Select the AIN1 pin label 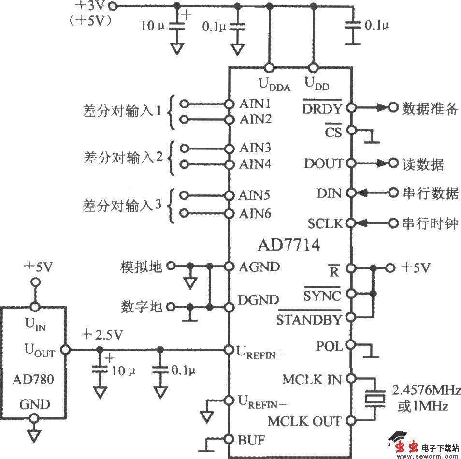click(255, 104)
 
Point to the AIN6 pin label click(255, 213)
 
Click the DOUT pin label click(323, 164)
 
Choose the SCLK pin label click(325, 223)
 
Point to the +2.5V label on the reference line click(103, 335)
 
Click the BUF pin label click(250, 440)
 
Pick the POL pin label click(329, 346)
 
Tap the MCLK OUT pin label click(304, 421)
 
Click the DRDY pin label click(322, 108)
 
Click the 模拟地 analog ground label click(141, 267)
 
